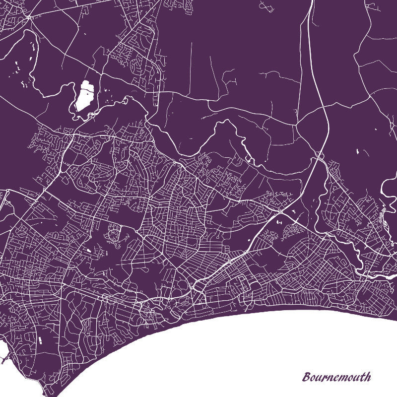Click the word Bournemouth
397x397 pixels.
336,377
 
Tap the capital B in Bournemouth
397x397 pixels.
307,377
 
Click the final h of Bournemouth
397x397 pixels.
367,376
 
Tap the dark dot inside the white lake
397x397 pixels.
86,91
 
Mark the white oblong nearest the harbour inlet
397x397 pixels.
38,339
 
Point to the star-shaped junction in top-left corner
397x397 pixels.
30,18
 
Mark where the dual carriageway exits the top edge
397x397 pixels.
312,2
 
